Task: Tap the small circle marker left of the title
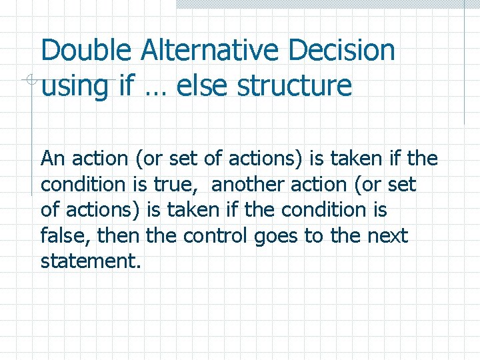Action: [x=25, y=80]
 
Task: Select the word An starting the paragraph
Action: [x=53, y=159]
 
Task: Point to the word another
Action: [x=245, y=185]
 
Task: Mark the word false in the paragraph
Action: [x=61, y=235]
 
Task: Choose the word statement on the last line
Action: [x=90, y=261]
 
